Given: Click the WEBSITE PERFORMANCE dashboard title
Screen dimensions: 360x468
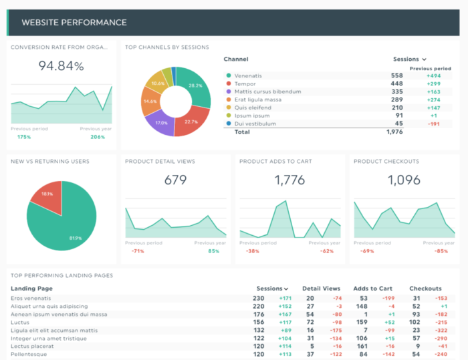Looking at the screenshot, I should (x=74, y=23).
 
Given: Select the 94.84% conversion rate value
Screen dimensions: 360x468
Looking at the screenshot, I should (x=61, y=66).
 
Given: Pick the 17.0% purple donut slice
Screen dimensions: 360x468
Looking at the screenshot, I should (x=160, y=121).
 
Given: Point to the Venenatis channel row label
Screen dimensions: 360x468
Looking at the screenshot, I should (x=249, y=75).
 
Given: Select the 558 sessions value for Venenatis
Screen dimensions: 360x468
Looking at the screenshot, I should (x=396, y=75).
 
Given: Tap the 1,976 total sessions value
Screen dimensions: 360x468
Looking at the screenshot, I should (x=394, y=132).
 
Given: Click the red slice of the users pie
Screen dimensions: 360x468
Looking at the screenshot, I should (x=47, y=194).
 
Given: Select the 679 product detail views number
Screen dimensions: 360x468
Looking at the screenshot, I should (x=175, y=180).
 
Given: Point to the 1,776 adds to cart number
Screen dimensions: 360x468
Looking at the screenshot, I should (x=289, y=180).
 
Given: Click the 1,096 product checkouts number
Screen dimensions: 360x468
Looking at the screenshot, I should (x=404, y=180).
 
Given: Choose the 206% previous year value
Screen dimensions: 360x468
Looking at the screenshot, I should (x=98, y=137).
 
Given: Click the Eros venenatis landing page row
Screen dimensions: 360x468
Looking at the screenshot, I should (x=31, y=298).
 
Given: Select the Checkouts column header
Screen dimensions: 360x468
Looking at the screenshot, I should (x=426, y=289).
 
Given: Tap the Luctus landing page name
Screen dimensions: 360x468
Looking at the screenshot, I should (x=20, y=322).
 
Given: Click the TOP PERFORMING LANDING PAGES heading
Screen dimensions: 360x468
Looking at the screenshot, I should (x=62, y=275).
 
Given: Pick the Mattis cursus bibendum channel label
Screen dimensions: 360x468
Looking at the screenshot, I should (x=267, y=92).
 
